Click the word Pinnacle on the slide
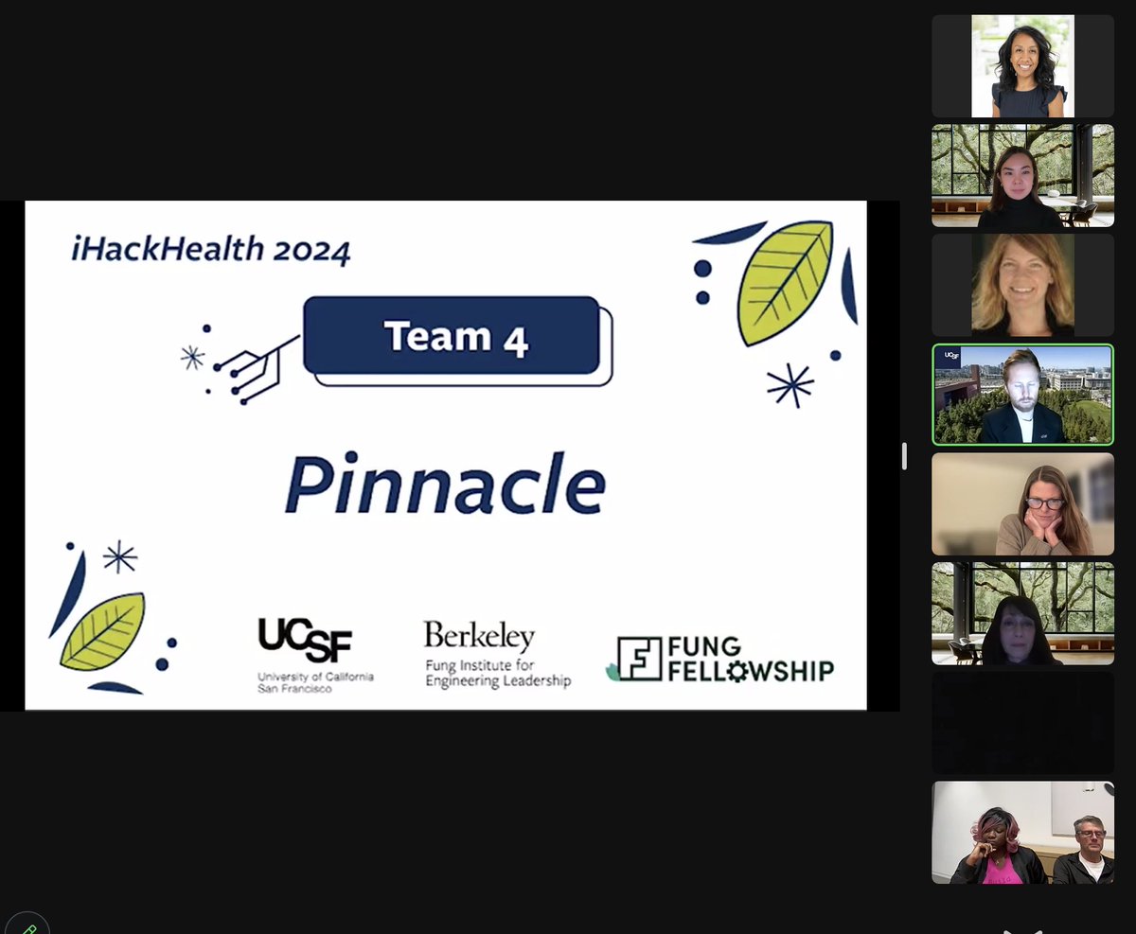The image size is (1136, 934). tap(444, 485)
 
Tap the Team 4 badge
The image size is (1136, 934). tap(452, 337)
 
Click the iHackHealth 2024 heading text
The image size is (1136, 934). tap(210, 250)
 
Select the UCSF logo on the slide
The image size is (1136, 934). tap(304, 641)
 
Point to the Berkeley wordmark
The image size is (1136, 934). tap(479, 636)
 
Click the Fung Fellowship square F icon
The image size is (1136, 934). tap(639, 658)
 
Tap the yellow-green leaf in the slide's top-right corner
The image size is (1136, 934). tap(785, 282)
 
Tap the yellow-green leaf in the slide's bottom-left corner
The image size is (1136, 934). tap(102, 631)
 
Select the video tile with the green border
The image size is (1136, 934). tap(1022, 395)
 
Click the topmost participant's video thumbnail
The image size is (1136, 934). tap(1022, 66)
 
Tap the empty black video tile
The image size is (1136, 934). tap(1022, 723)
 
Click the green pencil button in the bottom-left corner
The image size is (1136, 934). tap(26, 925)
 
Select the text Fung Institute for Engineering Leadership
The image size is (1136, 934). tap(498, 674)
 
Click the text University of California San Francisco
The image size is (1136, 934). tap(315, 682)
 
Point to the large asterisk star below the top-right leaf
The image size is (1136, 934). tap(790, 386)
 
